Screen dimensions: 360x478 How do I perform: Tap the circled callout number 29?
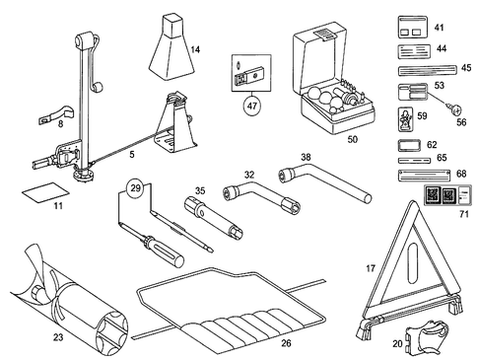137,186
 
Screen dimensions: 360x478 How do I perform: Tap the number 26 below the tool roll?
285,343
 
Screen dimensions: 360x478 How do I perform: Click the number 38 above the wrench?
306,157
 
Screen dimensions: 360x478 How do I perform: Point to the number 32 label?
249,174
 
